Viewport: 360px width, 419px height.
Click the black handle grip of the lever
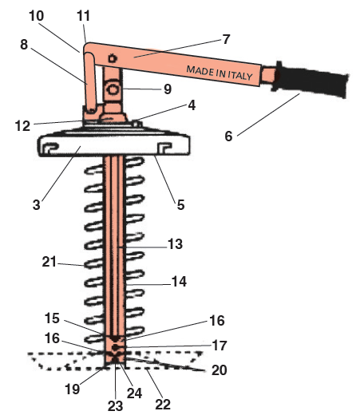click(311, 79)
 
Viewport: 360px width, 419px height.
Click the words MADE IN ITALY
click(220, 73)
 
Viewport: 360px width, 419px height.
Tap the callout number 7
click(226, 39)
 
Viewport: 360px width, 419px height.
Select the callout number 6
click(228, 136)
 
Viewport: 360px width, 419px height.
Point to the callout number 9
click(168, 89)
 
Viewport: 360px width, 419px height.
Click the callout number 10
click(37, 16)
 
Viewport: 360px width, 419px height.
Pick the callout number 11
click(83, 16)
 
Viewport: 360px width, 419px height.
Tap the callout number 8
click(24, 45)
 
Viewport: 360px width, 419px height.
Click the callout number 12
click(22, 126)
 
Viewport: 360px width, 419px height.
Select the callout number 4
click(192, 105)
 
